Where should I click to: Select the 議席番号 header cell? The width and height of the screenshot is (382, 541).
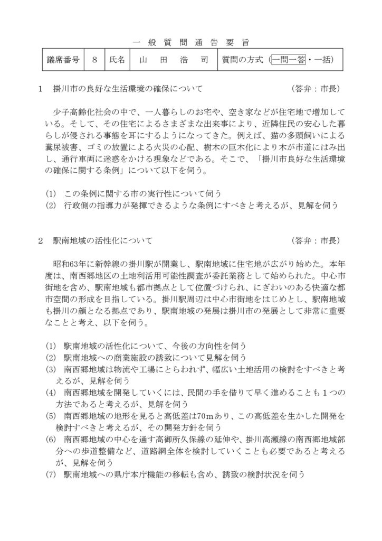pyautogui.click(x=60, y=60)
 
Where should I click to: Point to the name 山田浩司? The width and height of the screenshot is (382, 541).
pyautogui.click(x=171, y=60)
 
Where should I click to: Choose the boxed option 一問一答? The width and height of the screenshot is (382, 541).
pyautogui.click(x=289, y=60)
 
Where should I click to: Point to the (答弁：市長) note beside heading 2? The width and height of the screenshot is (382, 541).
pyautogui.click(x=318, y=241)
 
